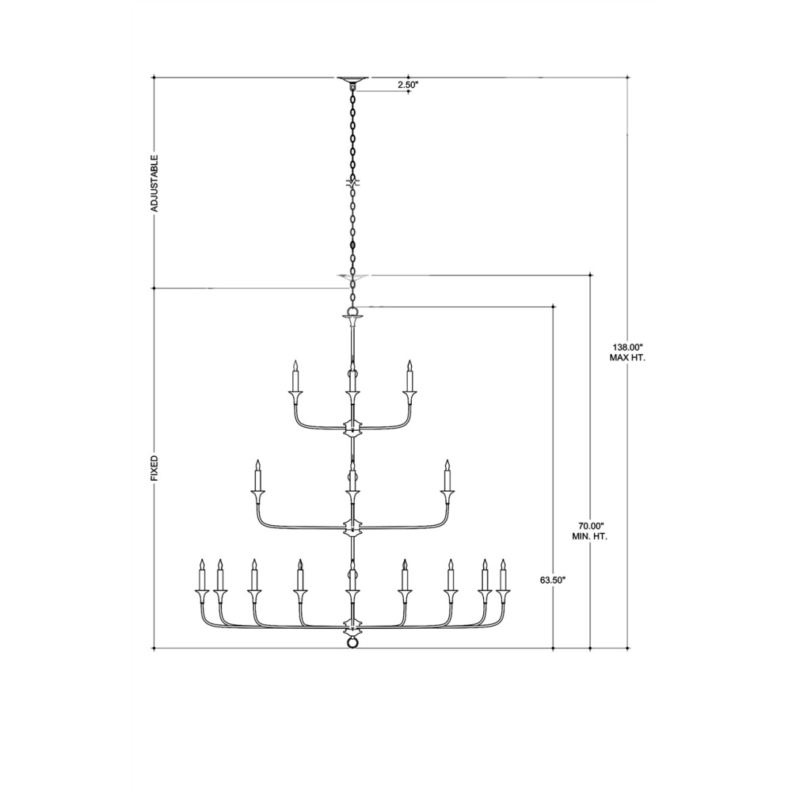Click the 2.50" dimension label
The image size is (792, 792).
coord(408,85)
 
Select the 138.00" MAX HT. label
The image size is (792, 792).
coord(627,352)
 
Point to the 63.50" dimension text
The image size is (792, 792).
coord(552,580)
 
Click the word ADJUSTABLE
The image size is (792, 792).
coord(154,183)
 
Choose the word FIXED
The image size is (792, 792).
coord(154,468)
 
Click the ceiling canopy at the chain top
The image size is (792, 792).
coord(353,79)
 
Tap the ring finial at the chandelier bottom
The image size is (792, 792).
coord(353,642)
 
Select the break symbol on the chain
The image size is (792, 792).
coord(353,184)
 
